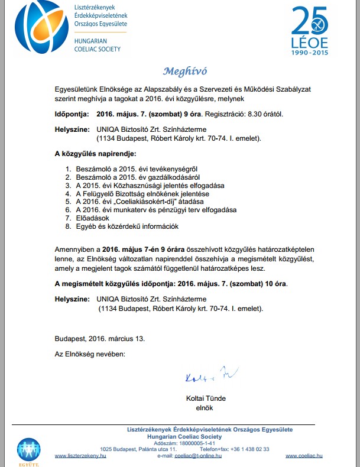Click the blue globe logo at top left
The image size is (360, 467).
(x=37, y=28)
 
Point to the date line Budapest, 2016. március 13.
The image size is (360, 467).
(x=99, y=339)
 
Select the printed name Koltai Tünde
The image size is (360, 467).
(x=206, y=398)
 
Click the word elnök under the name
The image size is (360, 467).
(x=204, y=408)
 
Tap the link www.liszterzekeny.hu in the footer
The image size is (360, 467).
(x=80, y=456)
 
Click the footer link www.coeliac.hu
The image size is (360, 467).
(x=301, y=456)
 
